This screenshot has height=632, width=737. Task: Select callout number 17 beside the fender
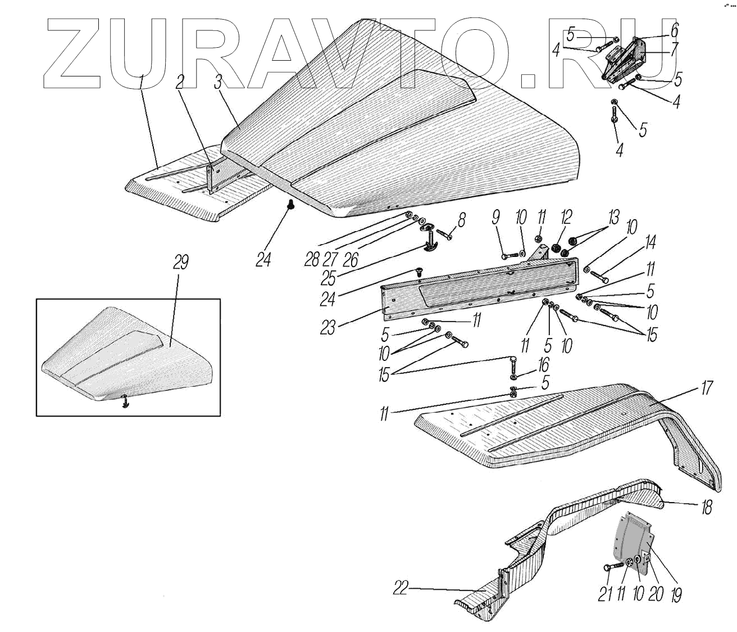[706, 387]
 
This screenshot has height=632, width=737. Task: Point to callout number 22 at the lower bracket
[401, 589]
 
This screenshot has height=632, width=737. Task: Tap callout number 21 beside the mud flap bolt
[604, 594]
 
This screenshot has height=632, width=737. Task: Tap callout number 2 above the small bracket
[179, 82]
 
